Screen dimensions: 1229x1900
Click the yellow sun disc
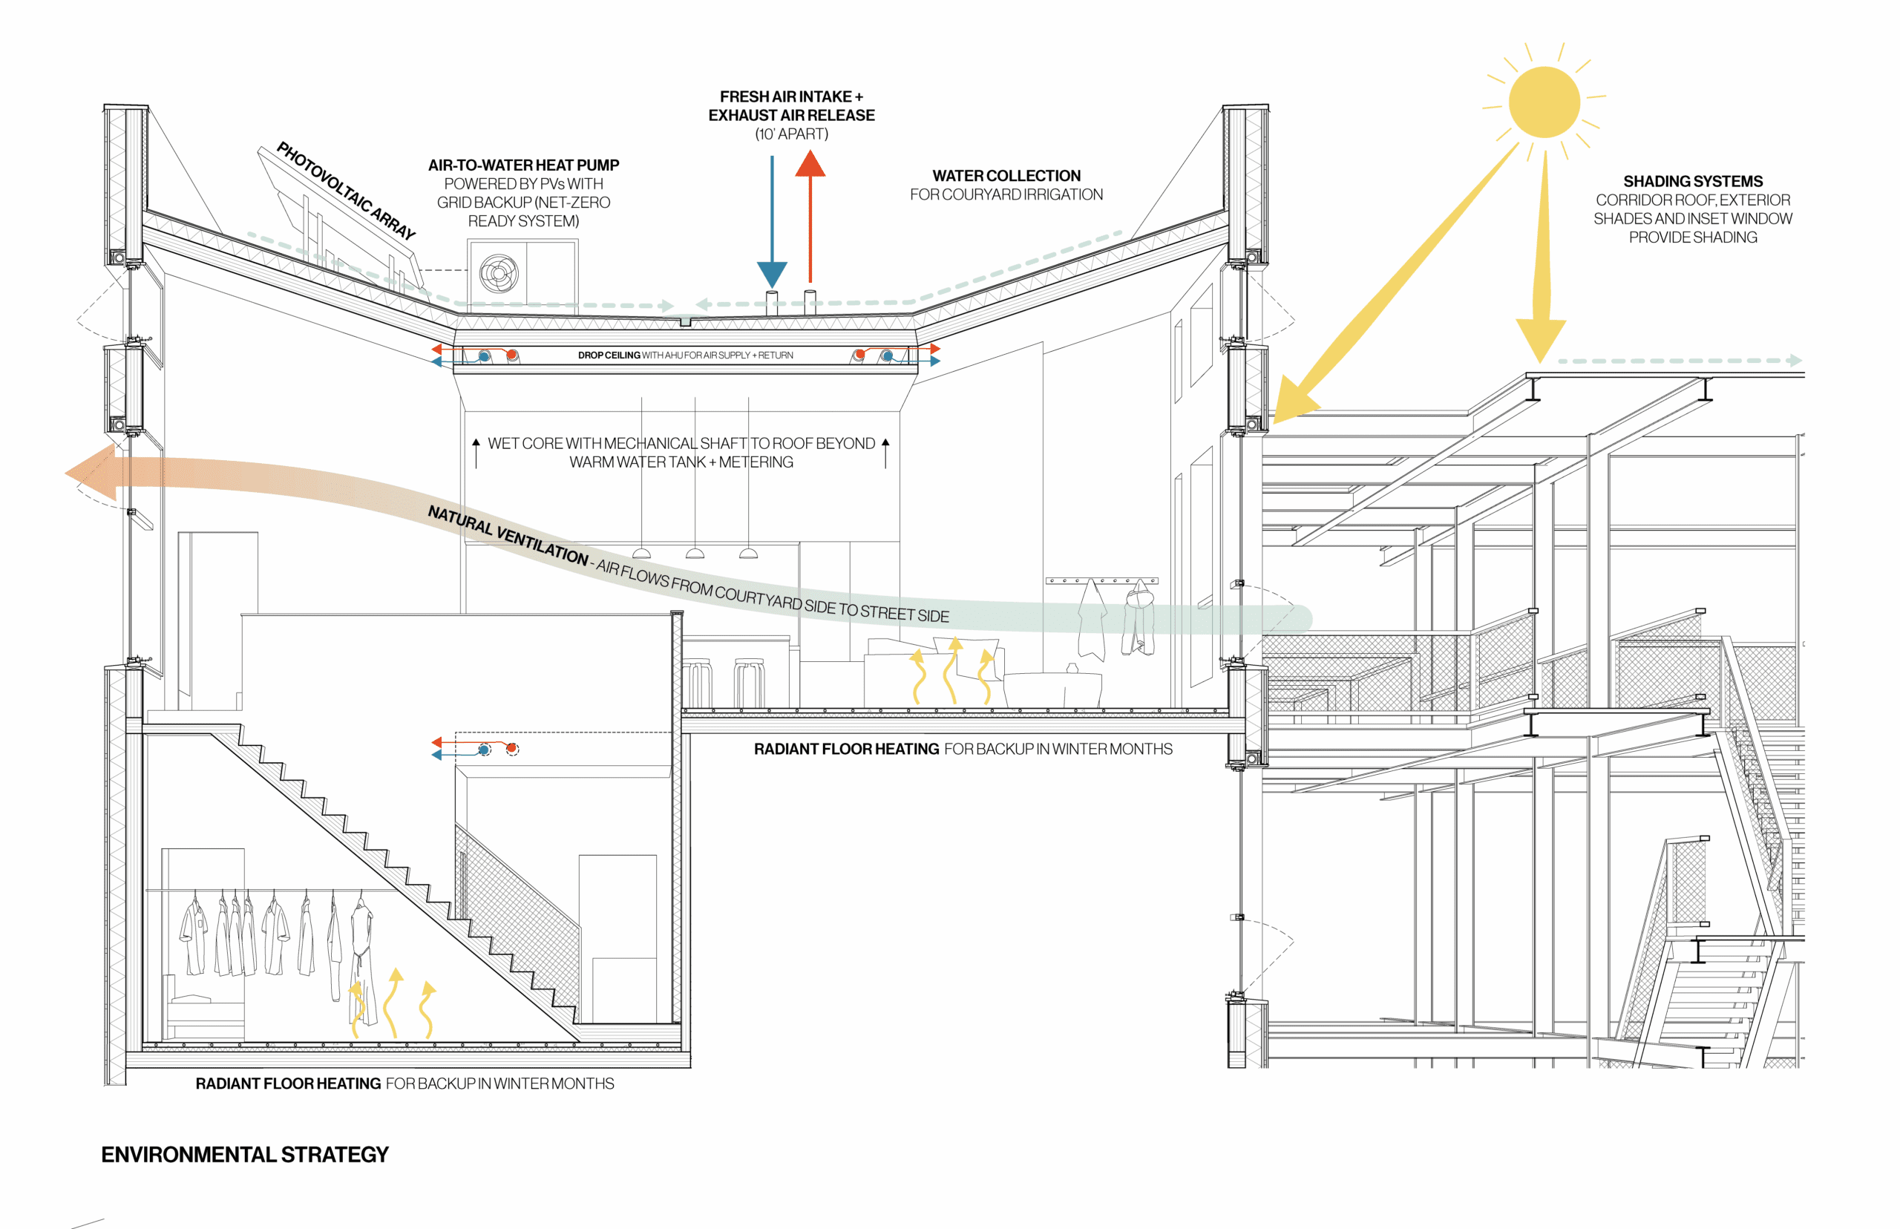tap(1543, 102)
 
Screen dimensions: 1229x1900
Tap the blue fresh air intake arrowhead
tap(772, 275)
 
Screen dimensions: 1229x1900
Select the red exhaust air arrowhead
tap(810, 165)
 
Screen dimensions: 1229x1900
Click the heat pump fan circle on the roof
tap(499, 274)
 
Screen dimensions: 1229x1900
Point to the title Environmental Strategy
tap(244, 1154)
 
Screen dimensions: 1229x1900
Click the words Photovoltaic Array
tap(347, 190)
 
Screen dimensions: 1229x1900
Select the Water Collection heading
tap(1006, 176)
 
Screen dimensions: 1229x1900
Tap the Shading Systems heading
tap(1692, 181)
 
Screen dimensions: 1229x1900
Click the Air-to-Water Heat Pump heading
tap(523, 165)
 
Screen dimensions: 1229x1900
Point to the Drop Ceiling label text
tap(609, 355)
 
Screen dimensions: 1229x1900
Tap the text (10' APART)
tap(792, 134)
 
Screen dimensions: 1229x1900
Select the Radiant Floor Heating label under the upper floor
tap(847, 749)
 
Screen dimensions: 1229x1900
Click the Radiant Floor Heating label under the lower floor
tap(288, 1083)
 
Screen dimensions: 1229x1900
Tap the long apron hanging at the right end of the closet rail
tap(363, 957)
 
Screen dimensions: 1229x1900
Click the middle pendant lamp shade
tap(695, 553)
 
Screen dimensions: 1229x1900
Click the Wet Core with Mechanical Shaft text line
tap(681, 443)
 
